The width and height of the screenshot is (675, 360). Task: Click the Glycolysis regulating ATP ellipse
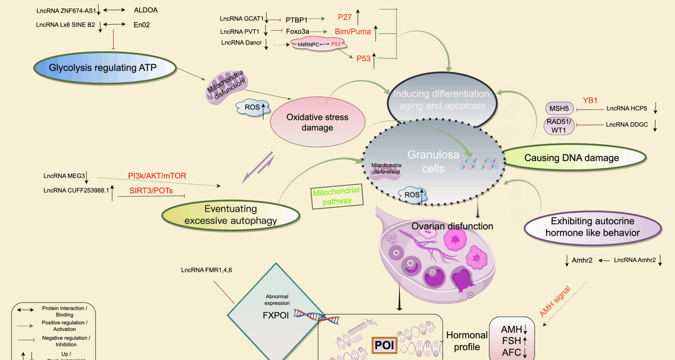pyautogui.click(x=104, y=68)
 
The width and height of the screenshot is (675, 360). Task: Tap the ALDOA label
pyautogui.click(x=146, y=10)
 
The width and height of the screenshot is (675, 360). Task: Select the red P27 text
pyautogui.click(x=345, y=17)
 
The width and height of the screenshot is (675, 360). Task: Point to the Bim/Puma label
pyautogui.click(x=353, y=32)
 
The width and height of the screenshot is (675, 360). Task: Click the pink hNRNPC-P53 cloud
pyautogui.click(x=318, y=45)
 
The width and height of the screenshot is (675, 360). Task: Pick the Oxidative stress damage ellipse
pyautogui.click(x=317, y=122)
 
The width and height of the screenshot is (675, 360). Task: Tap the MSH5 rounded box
pyautogui.click(x=559, y=109)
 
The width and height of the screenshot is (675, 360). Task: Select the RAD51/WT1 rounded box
pyautogui.click(x=559, y=126)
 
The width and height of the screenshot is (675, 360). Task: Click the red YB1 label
pyautogui.click(x=590, y=101)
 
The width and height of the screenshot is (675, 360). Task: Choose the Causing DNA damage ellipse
pyautogui.click(x=572, y=158)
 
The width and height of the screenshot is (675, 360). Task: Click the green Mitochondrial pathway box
pyautogui.click(x=337, y=196)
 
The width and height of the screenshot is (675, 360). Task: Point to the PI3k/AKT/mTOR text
pyautogui.click(x=157, y=176)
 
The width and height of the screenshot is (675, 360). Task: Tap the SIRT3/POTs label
pyautogui.click(x=151, y=191)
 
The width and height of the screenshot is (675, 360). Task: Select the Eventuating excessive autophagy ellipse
pyautogui.click(x=231, y=215)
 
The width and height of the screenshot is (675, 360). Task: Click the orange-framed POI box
pyautogui.click(x=384, y=345)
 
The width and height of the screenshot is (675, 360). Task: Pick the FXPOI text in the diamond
pyautogui.click(x=276, y=315)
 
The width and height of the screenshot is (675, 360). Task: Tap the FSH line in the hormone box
pyautogui.click(x=514, y=341)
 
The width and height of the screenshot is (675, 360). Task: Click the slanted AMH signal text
pyautogui.click(x=555, y=301)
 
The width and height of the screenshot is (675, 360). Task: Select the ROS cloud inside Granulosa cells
pyautogui.click(x=412, y=195)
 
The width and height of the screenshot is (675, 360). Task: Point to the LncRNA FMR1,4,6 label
pyautogui.click(x=206, y=270)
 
